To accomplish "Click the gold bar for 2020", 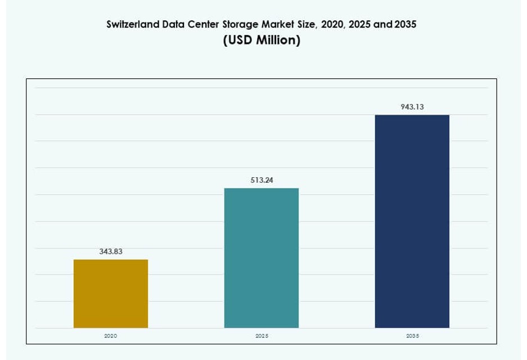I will coord(111,294).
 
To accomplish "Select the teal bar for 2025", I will coord(262,258).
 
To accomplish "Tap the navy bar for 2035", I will coord(412,221).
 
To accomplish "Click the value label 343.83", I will coord(111,251).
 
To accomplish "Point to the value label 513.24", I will coord(262,180).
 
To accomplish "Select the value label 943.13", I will coord(412,106).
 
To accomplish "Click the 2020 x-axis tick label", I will coord(111,336).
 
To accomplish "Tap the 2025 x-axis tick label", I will coord(262,336).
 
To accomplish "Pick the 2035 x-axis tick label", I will coord(412,336).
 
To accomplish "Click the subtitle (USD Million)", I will coord(262,41).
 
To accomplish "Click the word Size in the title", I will coord(307,25).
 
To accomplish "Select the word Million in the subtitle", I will coord(277,41).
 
